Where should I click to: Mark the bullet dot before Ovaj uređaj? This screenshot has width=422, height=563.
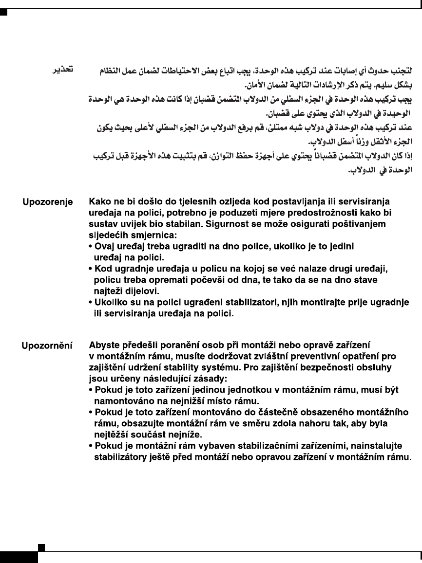click(x=90, y=246)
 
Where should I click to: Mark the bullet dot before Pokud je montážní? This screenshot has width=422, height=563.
click(x=90, y=448)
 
